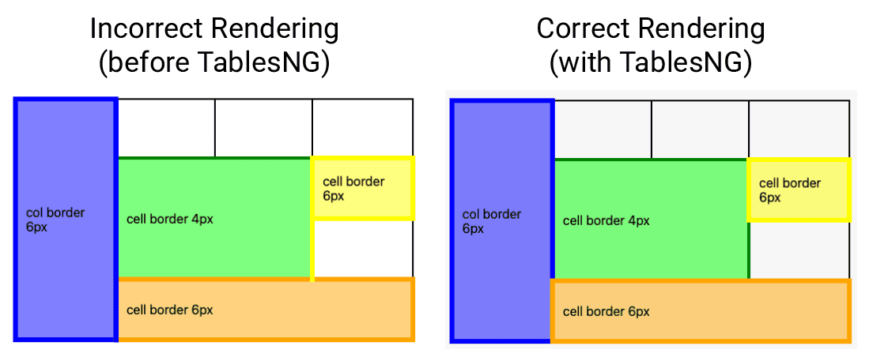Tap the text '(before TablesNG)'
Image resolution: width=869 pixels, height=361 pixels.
pyautogui.click(x=213, y=62)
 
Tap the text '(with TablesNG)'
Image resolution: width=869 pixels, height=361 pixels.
pyautogui.click(x=650, y=62)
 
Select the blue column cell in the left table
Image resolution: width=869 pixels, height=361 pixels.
pyautogui.click(x=66, y=220)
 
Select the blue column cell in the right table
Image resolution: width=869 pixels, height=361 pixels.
pyautogui.click(x=502, y=221)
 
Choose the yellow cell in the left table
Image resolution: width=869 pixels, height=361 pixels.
pyautogui.click(x=362, y=189)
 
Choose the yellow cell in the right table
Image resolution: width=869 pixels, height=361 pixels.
pyautogui.click(x=799, y=190)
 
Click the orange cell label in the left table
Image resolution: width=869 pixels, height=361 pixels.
pyautogui.click(x=169, y=310)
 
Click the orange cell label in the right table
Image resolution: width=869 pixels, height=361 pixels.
pyautogui.click(x=606, y=311)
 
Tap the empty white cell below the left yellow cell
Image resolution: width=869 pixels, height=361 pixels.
pyautogui.click(x=364, y=250)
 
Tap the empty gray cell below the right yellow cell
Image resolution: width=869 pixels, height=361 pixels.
pyautogui.click(x=800, y=250)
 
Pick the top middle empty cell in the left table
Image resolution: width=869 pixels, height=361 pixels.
pyautogui.click(x=263, y=128)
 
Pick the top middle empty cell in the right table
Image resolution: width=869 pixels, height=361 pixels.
pyautogui.click(x=700, y=129)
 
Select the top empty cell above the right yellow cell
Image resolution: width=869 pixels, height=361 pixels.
pyautogui.click(x=799, y=129)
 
